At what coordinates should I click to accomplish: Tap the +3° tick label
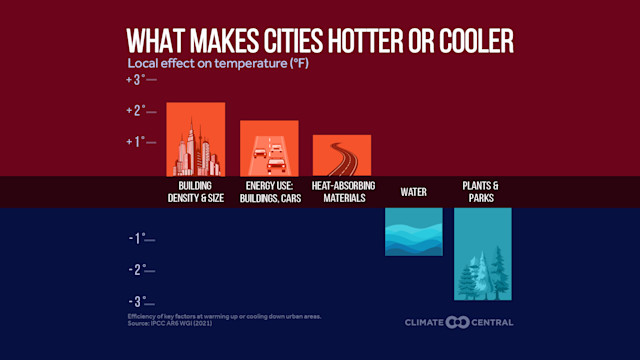[x=135, y=79]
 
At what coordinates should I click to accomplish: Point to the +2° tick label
[x=135, y=110]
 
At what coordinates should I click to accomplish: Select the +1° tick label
[x=135, y=141]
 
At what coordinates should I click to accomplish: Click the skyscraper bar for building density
[x=195, y=139]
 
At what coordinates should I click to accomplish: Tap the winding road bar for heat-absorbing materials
[x=342, y=155]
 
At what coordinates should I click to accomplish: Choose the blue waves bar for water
[x=413, y=231]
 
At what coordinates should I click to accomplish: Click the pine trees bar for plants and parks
[x=482, y=254]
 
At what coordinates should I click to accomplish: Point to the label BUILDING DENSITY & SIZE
[x=195, y=192]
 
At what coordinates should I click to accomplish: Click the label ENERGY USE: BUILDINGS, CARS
[x=269, y=192]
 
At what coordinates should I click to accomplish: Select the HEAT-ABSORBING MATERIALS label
[x=342, y=192]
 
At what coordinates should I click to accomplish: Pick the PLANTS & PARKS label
[x=482, y=192]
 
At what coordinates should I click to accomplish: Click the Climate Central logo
[x=459, y=322]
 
